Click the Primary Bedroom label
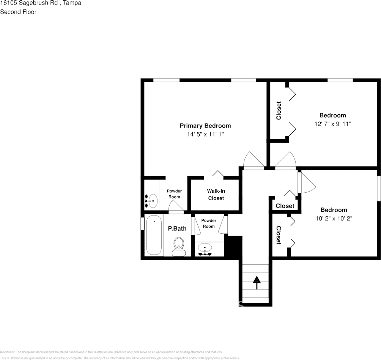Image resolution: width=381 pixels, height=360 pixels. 205,126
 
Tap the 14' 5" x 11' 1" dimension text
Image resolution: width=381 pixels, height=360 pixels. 205,134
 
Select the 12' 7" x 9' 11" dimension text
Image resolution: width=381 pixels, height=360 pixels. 332,124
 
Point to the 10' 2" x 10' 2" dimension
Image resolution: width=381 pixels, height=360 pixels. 334,219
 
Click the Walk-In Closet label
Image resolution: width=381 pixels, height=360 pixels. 216,195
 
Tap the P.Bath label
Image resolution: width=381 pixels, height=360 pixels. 177,228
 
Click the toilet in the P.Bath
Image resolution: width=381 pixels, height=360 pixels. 178,246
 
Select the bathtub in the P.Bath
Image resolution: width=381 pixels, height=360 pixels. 154,235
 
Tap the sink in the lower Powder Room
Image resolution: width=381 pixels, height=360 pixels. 205,250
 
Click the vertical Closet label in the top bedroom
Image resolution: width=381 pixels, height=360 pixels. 279,110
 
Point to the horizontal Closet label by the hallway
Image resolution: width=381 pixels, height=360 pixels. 285,206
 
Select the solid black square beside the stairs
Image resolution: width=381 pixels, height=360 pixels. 233,247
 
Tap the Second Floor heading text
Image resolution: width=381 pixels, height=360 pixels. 18,12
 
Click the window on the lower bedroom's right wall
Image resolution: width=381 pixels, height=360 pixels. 378,188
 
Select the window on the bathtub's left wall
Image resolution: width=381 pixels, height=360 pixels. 142,223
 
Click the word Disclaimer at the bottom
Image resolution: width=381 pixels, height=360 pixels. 7,352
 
